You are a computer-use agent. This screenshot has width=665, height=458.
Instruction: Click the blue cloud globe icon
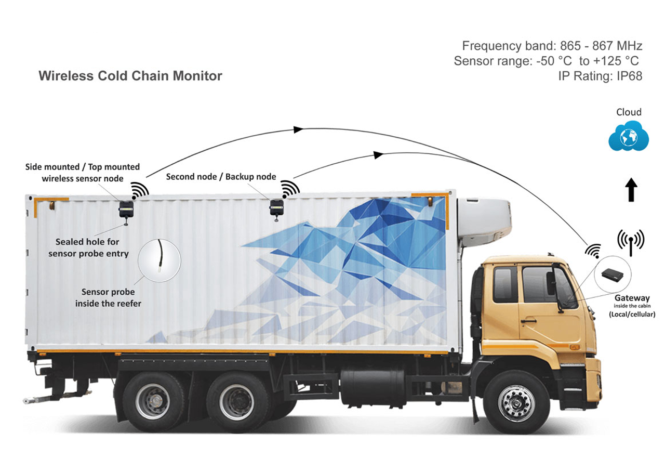629,136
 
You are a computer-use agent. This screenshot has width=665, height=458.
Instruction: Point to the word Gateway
632,298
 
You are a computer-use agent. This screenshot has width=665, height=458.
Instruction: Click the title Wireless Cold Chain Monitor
130,76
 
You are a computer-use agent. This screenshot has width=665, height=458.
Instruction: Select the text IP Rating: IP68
600,76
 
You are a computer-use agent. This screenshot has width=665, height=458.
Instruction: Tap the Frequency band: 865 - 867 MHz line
552,45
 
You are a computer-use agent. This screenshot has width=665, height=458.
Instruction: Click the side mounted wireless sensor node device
126,209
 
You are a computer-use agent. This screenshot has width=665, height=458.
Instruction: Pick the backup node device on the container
276,207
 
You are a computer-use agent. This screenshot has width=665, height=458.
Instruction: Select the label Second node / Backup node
221,176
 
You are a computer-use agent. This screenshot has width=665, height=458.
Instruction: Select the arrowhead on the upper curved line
298,129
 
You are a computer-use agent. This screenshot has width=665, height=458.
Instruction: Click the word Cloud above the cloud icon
629,112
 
